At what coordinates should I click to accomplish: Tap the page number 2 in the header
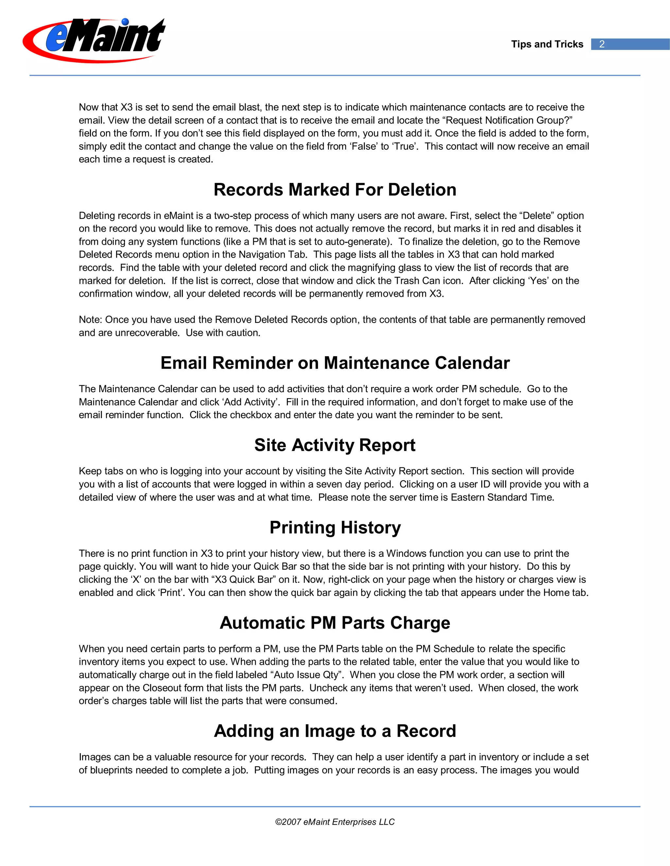[602, 44]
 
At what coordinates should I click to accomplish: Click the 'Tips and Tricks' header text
[547, 44]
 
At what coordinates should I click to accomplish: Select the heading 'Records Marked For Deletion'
[335, 190]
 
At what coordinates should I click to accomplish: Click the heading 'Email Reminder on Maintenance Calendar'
[335, 363]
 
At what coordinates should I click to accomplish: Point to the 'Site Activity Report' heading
[335, 445]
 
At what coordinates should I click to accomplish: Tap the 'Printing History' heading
[335, 527]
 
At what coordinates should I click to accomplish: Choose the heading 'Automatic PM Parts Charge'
[335, 623]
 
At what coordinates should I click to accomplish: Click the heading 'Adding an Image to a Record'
[335, 731]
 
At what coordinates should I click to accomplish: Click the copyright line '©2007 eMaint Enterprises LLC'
[335, 822]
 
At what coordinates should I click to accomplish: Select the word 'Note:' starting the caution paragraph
[91, 320]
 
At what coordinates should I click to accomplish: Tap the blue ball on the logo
[125, 22]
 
